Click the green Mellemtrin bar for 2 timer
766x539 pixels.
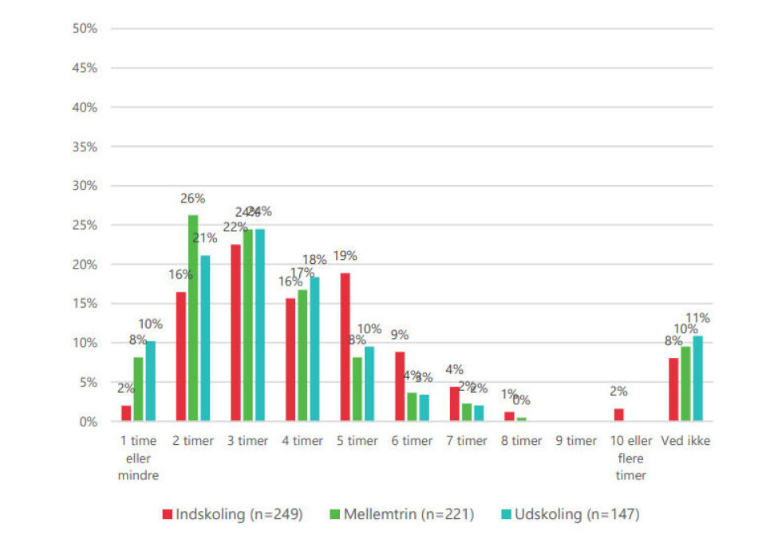pyautogui.click(x=193, y=318)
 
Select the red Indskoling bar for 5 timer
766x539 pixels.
pyautogui.click(x=345, y=347)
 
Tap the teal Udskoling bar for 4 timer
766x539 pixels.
pyautogui.click(x=314, y=349)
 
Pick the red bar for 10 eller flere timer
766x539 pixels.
pyautogui.click(x=619, y=415)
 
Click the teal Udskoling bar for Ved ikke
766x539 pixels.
pyautogui.click(x=697, y=379)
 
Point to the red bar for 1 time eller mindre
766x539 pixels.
pyautogui.click(x=127, y=413)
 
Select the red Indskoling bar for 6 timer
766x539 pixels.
pyautogui.click(x=400, y=387)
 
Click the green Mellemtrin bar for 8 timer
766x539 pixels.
pyautogui.click(x=521, y=419)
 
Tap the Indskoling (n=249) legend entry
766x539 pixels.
pyautogui.click(x=232, y=514)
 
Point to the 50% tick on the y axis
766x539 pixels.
pyautogui.click(x=85, y=29)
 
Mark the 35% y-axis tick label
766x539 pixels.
pyautogui.click(x=85, y=147)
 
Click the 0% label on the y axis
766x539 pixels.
pyautogui.click(x=87, y=422)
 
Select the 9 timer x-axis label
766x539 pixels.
pyautogui.click(x=576, y=441)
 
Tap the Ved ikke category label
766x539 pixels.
pyautogui.click(x=685, y=441)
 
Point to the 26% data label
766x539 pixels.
pyautogui.click(x=193, y=199)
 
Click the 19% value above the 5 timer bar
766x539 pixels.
pyautogui.click(x=345, y=256)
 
